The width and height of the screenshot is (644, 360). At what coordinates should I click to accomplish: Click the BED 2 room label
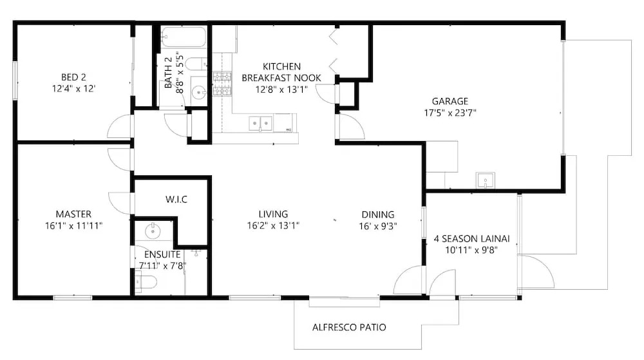click(73, 77)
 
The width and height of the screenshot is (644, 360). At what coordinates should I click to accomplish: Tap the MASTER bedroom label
click(73, 214)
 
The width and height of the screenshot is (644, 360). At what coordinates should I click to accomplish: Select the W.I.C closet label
click(176, 200)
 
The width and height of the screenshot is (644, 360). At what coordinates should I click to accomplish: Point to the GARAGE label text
click(450, 101)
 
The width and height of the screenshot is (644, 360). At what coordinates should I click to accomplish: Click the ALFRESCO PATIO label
click(349, 327)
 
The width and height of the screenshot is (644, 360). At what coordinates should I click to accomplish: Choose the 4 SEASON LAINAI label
click(472, 238)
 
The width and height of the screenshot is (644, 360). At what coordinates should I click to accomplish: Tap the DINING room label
click(378, 214)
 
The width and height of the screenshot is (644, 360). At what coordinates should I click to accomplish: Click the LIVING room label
click(273, 214)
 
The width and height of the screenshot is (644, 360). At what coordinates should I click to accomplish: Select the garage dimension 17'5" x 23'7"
click(450, 113)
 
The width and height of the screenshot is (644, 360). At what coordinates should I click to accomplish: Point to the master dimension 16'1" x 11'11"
click(74, 225)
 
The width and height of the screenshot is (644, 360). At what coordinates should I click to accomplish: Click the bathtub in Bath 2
click(183, 37)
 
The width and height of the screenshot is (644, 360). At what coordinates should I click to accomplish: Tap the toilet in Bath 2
click(196, 64)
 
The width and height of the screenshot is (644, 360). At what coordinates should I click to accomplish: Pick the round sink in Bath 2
click(199, 93)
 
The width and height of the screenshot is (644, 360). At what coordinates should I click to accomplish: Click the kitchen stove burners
click(222, 84)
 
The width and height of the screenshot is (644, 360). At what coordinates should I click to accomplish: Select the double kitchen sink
click(260, 123)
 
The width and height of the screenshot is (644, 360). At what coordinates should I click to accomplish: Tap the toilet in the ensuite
click(146, 282)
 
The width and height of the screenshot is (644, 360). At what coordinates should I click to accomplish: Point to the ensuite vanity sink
click(153, 231)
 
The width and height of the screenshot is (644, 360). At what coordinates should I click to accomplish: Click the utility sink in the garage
click(486, 180)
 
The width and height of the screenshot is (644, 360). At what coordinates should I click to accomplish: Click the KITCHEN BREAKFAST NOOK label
click(281, 72)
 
